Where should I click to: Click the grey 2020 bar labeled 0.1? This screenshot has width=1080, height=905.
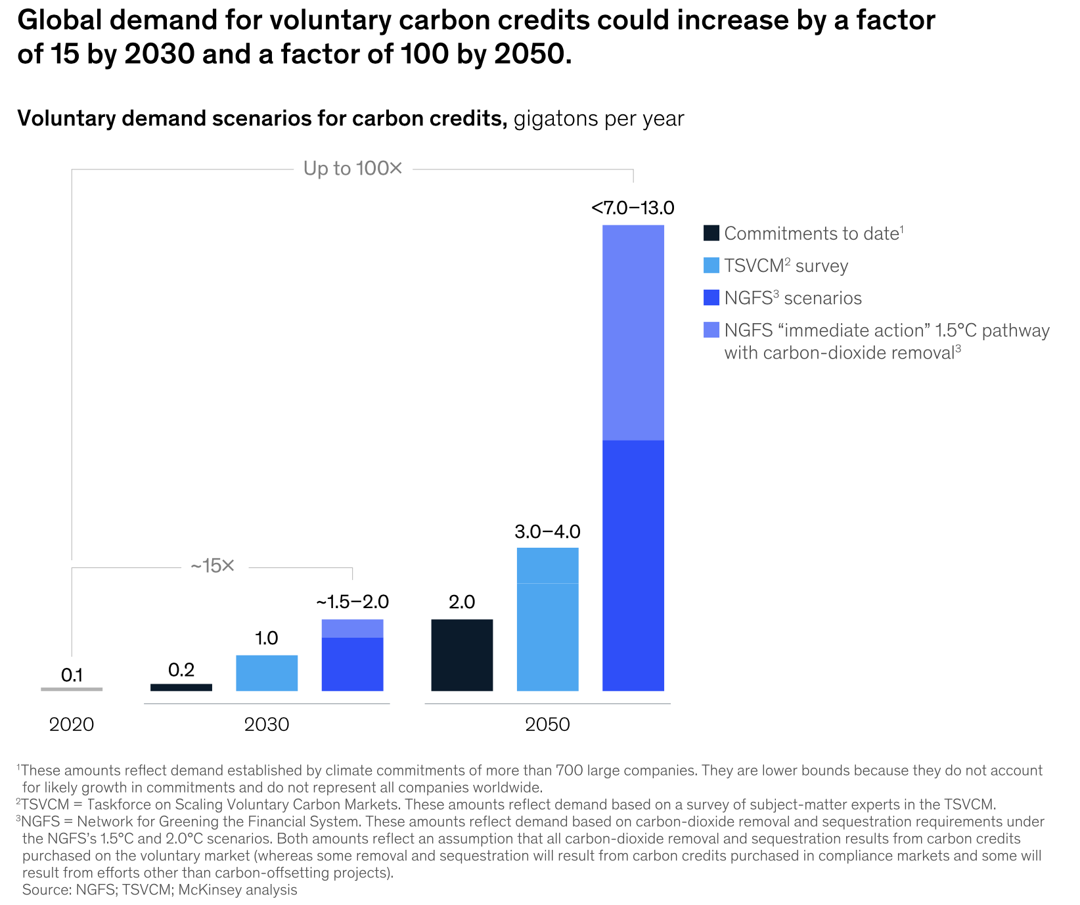[x=72, y=689]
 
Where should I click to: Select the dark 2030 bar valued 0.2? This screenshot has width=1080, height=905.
[x=181, y=687]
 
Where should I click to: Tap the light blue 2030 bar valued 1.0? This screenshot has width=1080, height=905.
[x=267, y=673]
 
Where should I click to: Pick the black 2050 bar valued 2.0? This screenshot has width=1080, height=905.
[x=462, y=655]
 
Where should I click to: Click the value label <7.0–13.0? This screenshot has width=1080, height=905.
[x=633, y=208]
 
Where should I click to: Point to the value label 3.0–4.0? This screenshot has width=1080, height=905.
[x=547, y=531]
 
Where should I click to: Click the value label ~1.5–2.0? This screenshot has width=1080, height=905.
[x=352, y=602]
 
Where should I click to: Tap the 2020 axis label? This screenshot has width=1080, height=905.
[x=72, y=724]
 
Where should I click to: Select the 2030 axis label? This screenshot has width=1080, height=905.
[x=267, y=724]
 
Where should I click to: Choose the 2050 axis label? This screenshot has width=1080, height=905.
[x=547, y=724]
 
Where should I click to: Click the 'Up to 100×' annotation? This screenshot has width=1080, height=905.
[x=352, y=169]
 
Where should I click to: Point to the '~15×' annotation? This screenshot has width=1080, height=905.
[x=212, y=566]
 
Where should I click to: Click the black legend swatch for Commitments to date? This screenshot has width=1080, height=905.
[x=711, y=233]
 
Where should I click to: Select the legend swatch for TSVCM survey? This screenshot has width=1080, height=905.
[x=711, y=265]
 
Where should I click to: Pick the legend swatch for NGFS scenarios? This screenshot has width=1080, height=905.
[x=711, y=298]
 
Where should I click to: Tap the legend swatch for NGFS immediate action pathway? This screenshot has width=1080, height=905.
[x=711, y=330]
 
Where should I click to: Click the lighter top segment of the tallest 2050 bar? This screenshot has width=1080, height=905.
[x=633, y=332]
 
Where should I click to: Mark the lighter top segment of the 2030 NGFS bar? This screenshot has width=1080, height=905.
[x=352, y=629]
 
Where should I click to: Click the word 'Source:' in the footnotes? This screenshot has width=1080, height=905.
[x=47, y=890]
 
